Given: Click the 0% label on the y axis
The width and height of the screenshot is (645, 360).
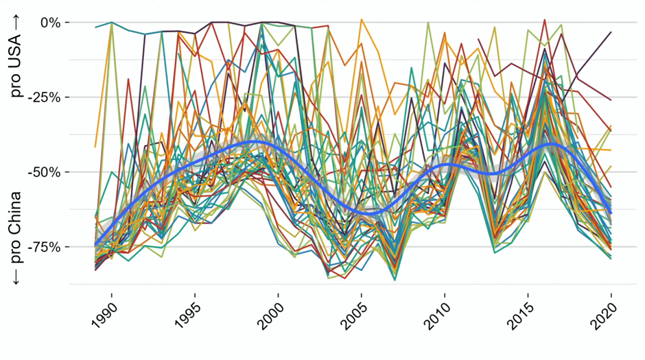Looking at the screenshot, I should coord(49,23).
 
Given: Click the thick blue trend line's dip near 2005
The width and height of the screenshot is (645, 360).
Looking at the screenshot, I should coord(371,212).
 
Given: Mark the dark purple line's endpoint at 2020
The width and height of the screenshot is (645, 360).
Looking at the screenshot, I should coord(611,32).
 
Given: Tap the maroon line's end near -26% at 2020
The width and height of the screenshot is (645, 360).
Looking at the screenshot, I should coord(611,100).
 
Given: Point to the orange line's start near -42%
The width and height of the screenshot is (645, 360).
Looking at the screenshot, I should coord(95,147).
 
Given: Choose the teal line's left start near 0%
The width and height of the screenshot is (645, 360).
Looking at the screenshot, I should coord(95,27).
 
